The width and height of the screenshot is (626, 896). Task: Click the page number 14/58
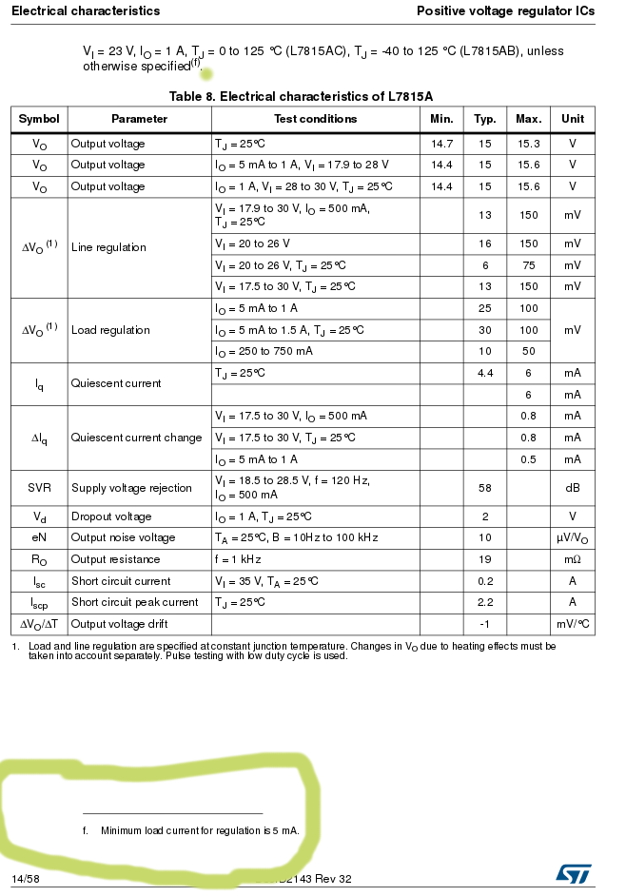click(x=26, y=879)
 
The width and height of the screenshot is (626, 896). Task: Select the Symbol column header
click(x=39, y=119)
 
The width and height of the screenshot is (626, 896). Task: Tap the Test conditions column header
click(x=315, y=119)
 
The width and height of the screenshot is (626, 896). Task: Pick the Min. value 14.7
click(x=441, y=144)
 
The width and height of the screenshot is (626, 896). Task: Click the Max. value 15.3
click(x=528, y=144)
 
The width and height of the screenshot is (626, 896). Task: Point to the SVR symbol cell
click(x=39, y=488)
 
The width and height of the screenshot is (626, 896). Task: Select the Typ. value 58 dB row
click(x=485, y=488)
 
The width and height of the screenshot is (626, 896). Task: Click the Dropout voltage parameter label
click(x=111, y=516)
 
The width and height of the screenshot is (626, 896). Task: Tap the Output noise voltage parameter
click(x=123, y=537)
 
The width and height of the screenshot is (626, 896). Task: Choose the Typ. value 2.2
click(x=485, y=602)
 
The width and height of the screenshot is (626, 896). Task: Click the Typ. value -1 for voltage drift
click(x=485, y=624)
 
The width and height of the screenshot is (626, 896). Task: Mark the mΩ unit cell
click(x=572, y=559)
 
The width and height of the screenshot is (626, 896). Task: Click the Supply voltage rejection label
click(x=131, y=488)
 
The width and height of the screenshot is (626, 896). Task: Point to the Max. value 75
click(x=528, y=265)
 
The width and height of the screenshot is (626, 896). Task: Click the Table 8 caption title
click(x=301, y=96)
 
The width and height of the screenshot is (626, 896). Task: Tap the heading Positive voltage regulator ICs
click(x=505, y=10)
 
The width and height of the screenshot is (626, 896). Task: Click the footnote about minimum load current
click(x=200, y=830)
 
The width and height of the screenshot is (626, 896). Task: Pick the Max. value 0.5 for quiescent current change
click(x=528, y=459)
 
